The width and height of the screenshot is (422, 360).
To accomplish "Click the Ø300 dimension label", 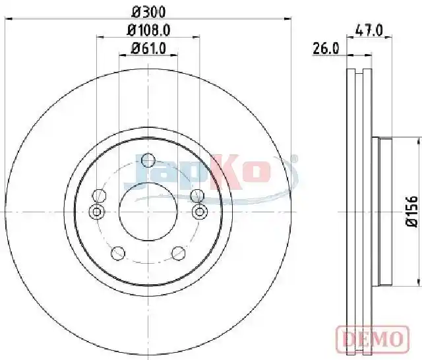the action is click(x=148, y=12).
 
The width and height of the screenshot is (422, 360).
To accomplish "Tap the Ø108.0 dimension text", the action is click(x=148, y=30).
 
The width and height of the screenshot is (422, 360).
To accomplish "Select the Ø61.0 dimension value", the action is click(x=148, y=49).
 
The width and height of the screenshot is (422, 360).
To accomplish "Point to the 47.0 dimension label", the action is click(x=369, y=30).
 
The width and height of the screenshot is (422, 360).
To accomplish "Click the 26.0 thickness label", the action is click(x=326, y=49).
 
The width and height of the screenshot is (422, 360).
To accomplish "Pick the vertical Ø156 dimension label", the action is click(x=412, y=211).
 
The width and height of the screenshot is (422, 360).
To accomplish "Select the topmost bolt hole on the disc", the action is click(x=148, y=160).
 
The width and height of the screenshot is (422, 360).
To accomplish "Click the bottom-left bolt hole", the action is click(x=118, y=253).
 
